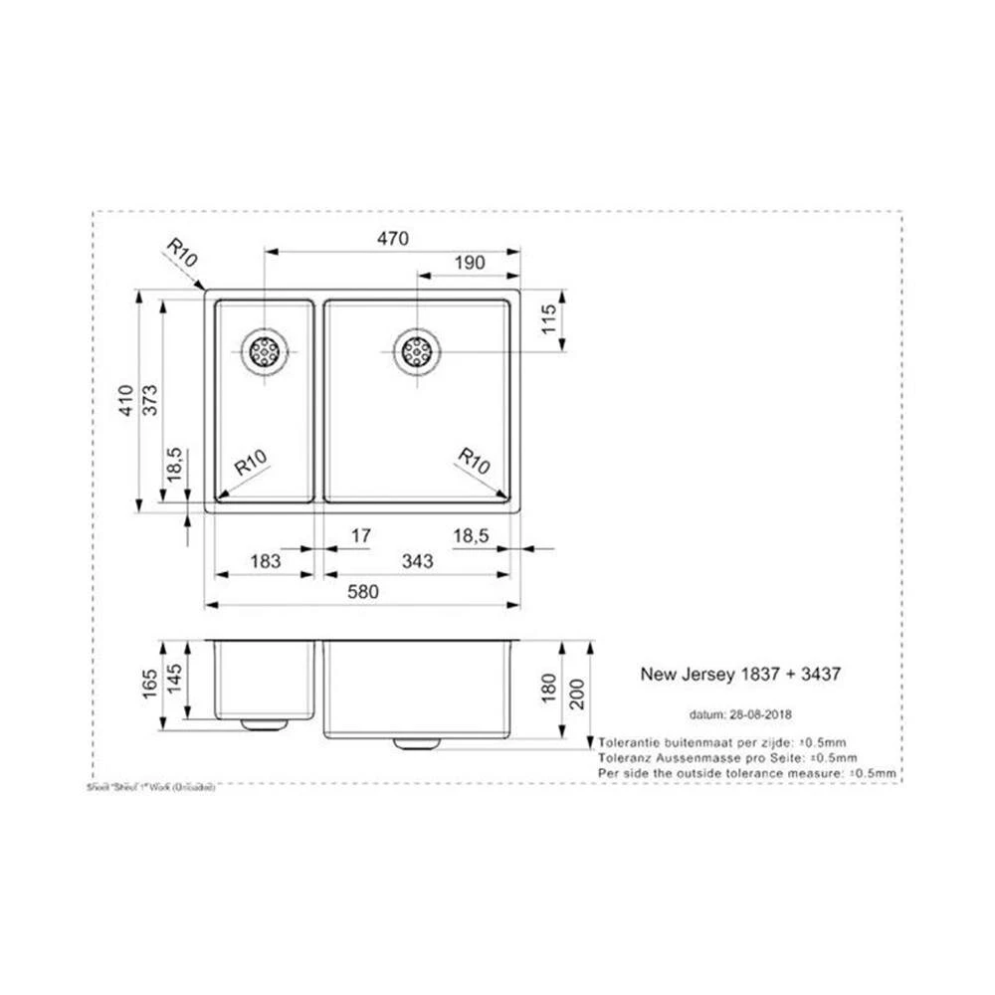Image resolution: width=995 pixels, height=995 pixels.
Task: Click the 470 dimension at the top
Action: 394,239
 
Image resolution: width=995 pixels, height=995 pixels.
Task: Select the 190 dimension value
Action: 469,263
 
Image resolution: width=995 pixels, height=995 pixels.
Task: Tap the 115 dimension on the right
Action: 546,320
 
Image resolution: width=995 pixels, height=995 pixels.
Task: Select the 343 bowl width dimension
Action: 418,562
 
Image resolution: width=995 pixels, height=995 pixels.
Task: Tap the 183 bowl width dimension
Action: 265,562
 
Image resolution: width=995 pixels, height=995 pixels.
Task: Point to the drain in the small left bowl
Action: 265,350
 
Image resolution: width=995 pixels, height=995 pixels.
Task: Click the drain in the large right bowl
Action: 416,350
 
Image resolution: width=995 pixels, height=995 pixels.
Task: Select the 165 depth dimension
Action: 149,684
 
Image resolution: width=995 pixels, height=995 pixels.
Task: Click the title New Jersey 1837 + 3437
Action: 739,674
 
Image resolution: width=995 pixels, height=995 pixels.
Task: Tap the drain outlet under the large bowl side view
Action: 419,742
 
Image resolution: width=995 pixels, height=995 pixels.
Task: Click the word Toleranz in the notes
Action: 626,757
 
